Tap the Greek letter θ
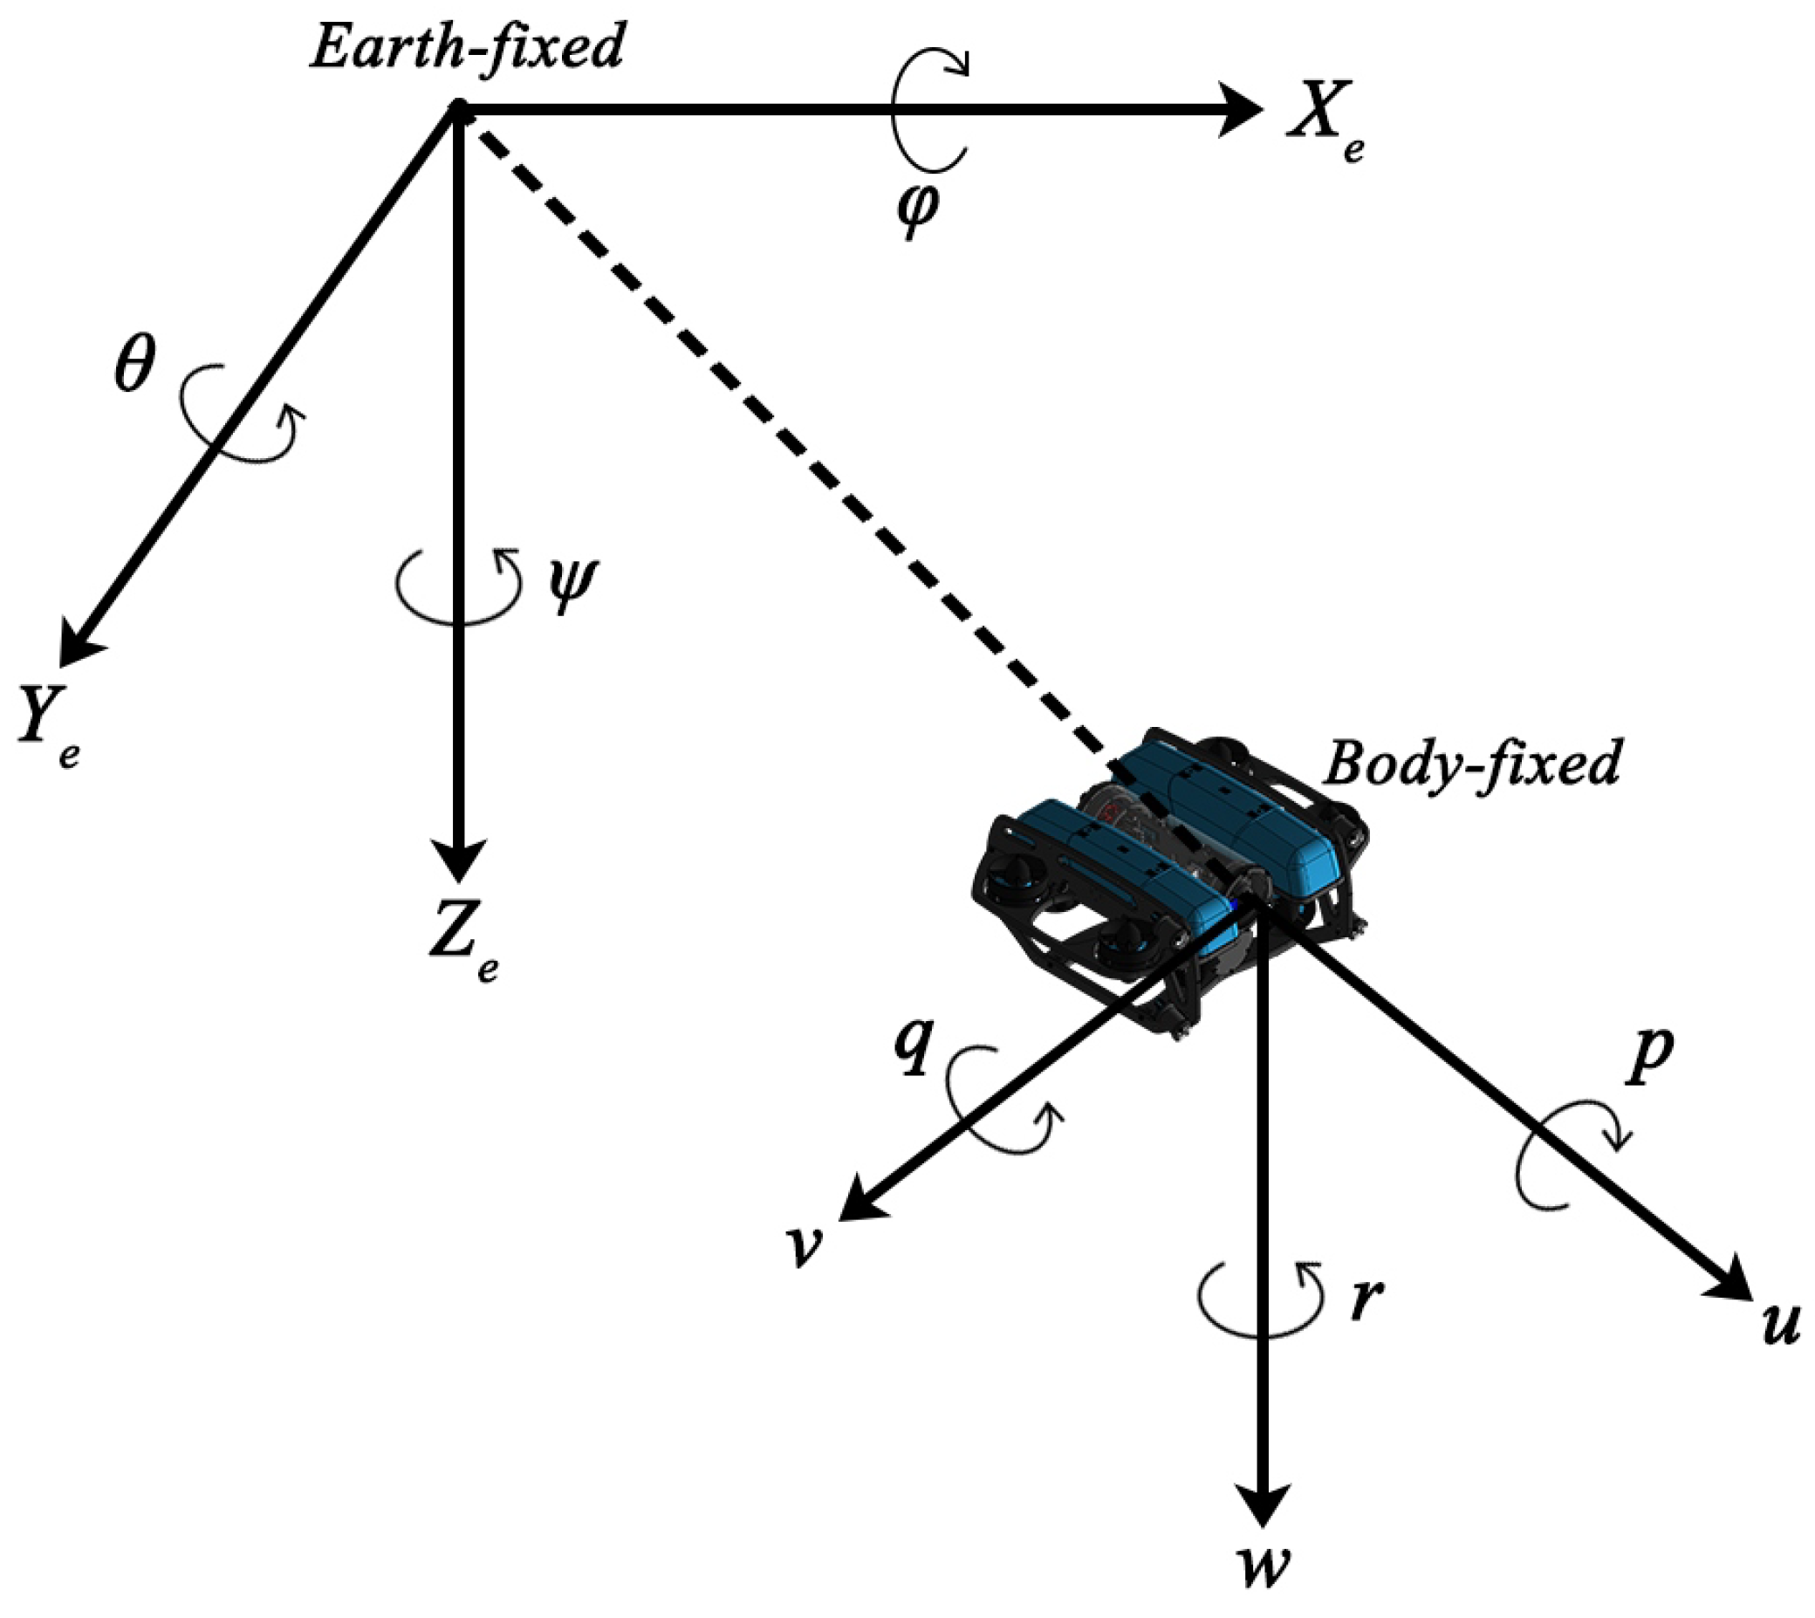pos(134,364)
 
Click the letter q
pos(912,1050)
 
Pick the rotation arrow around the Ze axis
pos(459,587)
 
